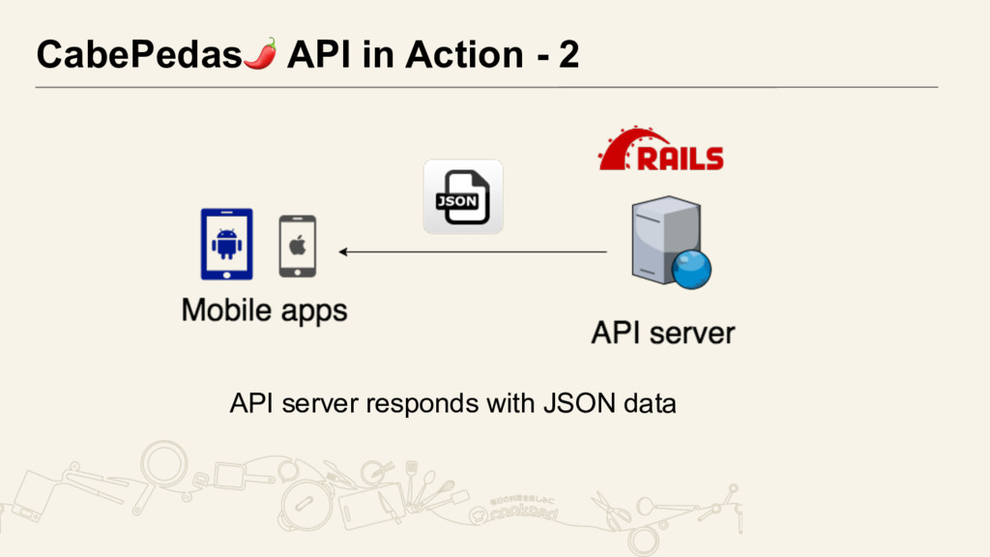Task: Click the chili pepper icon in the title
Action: point(260,53)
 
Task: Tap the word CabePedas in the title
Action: point(137,56)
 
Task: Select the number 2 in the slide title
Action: point(568,56)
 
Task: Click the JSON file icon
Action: point(463,197)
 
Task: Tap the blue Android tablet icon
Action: point(226,244)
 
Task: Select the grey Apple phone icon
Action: point(297,246)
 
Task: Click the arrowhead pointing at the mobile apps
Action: point(343,252)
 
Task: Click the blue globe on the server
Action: point(691,269)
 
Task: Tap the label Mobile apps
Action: point(264,311)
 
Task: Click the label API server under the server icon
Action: point(663,335)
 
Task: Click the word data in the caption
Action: point(650,402)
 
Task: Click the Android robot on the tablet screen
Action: point(226,243)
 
